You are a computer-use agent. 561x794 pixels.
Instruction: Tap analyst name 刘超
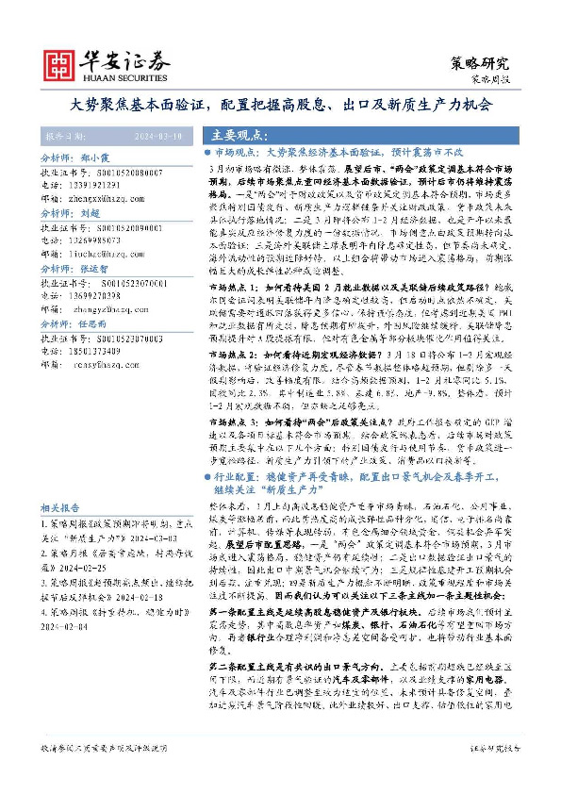[x=91, y=214]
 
